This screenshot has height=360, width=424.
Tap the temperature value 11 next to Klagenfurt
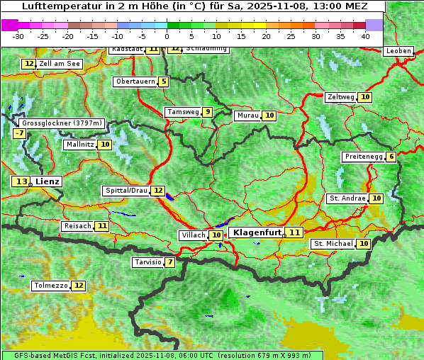(x=294, y=232)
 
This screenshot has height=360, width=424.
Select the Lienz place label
(x=48, y=181)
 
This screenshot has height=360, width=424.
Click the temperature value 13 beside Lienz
(x=21, y=181)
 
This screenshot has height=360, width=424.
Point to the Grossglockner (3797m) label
(x=62, y=123)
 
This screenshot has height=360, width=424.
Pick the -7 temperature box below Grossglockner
(x=19, y=133)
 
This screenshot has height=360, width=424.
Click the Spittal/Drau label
(x=125, y=191)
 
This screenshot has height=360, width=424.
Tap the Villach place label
(x=194, y=235)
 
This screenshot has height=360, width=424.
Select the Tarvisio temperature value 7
(x=170, y=262)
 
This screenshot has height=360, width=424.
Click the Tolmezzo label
(x=50, y=286)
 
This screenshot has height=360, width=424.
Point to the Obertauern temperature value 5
(x=164, y=81)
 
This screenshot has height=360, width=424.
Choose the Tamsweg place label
(x=182, y=112)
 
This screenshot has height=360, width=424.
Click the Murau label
(x=247, y=116)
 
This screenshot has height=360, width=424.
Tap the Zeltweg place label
(x=340, y=97)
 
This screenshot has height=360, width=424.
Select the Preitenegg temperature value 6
(x=391, y=157)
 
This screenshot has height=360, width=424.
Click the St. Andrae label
(x=347, y=198)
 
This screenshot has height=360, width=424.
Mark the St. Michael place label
(x=333, y=244)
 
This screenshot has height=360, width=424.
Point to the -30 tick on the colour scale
(x=18, y=36)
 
